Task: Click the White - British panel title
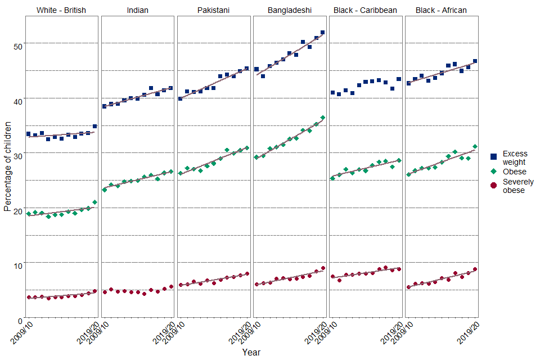coord(61,10)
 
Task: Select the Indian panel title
coord(138,10)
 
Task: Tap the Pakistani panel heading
coord(214,10)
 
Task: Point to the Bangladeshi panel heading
coord(290,10)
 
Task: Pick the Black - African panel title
coord(441,10)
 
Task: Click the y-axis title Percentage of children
coord(7,165)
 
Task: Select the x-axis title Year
coord(251,352)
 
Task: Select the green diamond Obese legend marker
coord(494,172)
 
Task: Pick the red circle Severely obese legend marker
coord(494,186)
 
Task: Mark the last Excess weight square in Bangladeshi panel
coord(323,33)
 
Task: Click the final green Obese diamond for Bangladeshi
coord(323,118)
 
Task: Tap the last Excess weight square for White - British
coord(95,127)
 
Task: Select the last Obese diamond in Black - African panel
coord(475,146)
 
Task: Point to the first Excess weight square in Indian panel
coord(104,106)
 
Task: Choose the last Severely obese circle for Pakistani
coord(247,274)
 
